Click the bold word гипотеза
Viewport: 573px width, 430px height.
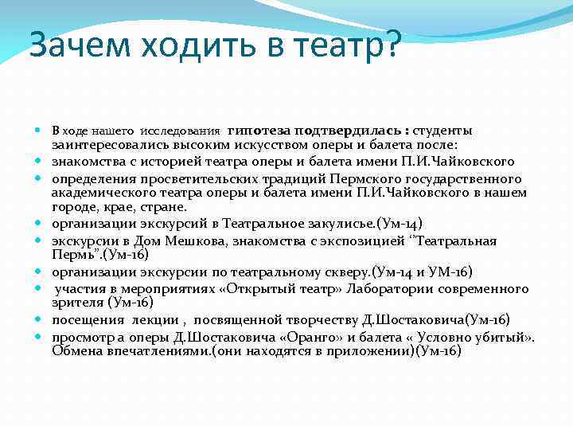coord(258,130)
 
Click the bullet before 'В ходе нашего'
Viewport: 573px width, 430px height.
coord(40,130)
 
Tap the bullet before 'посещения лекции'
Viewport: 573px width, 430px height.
coord(40,319)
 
